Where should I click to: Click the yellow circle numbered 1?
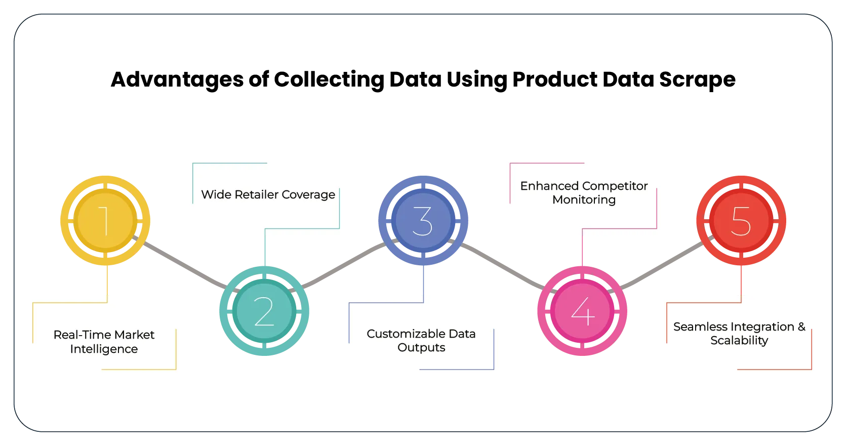click(x=105, y=221)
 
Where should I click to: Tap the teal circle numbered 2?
click(x=264, y=311)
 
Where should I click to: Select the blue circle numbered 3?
click(x=423, y=221)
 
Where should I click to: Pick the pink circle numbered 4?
click(x=582, y=311)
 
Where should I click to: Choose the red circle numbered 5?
click(x=741, y=221)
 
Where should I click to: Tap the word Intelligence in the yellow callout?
click(x=104, y=349)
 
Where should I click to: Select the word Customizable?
click(x=399, y=334)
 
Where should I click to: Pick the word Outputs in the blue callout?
click(x=421, y=348)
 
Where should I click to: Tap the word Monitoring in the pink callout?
click(x=584, y=200)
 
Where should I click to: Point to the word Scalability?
click(x=739, y=341)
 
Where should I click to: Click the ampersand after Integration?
click(x=801, y=327)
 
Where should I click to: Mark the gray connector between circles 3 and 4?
click(x=501, y=264)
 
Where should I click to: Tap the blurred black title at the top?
click(x=423, y=80)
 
